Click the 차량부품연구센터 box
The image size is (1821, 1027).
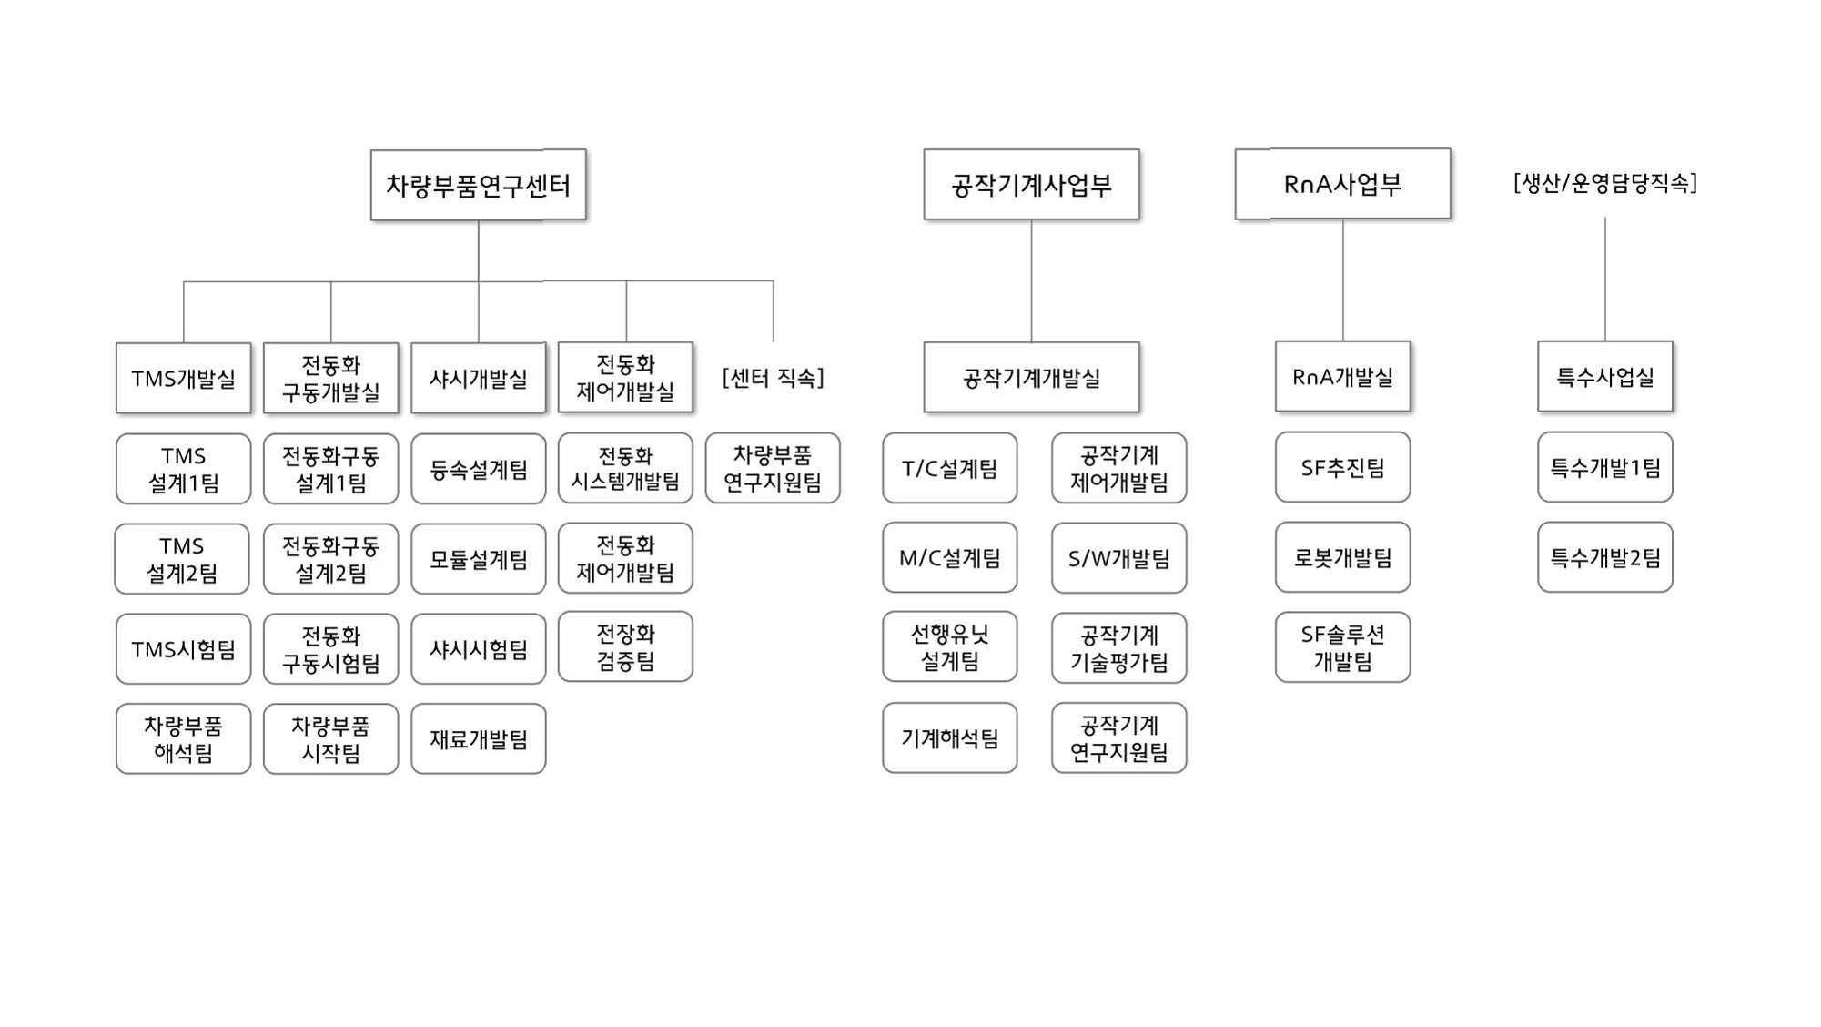click(x=478, y=185)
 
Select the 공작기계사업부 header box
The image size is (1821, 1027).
click(x=1031, y=185)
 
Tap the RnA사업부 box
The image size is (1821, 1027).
click(x=1342, y=184)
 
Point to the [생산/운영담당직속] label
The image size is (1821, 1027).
click(x=1604, y=184)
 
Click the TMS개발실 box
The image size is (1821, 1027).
click(x=183, y=378)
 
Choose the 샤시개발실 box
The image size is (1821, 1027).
click(x=478, y=378)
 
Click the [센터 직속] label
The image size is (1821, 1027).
click(x=773, y=378)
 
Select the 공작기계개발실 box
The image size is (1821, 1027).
click(x=1031, y=377)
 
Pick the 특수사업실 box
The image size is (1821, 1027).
click(x=1604, y=376)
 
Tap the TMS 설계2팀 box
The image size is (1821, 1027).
click(x=182, y=559)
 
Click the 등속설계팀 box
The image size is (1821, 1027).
click(x=478, y=469)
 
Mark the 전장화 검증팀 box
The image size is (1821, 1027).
click(x=625, y=647)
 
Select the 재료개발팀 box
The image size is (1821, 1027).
click(x=478, y=738)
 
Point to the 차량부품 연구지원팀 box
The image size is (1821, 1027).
click(x=773, y=468)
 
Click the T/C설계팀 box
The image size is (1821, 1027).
click(x=949, y=468)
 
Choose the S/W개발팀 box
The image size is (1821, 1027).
click(x=1118, y=558)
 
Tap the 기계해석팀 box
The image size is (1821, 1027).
click(x=949, y=737)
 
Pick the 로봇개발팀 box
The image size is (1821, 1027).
click(x=1342, y=557)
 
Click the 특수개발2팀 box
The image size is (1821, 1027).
click(x=1604, y=557)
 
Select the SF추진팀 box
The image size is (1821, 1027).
click(x=1342, y=467)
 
